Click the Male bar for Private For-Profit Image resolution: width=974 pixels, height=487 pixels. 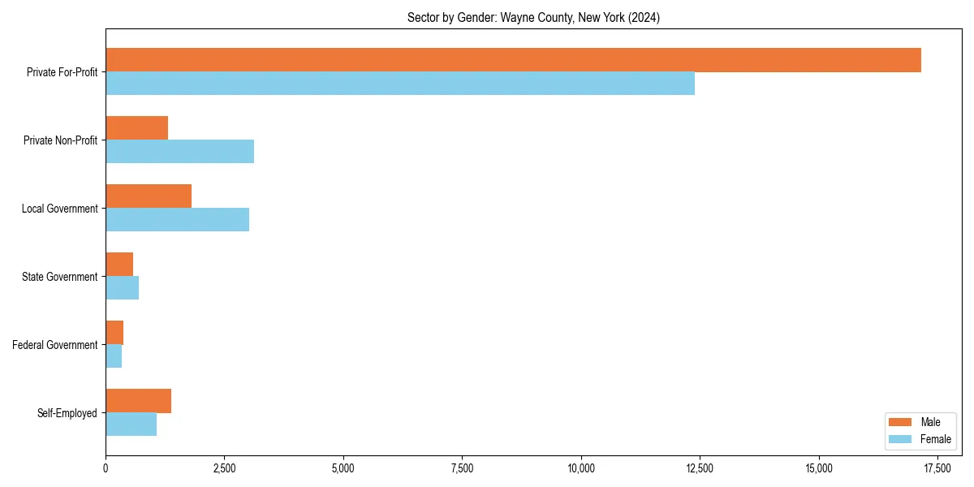(513, 60)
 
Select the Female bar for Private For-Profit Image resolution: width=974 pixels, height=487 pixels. (400, 84)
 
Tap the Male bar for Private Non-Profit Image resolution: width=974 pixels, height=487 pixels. (136, 128)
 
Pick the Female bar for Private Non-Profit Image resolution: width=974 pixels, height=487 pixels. (179, 152)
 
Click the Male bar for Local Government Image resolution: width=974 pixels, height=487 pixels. (149, 196)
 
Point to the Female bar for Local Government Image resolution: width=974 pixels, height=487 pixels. (177, 220)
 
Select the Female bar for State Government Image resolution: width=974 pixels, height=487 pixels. (122, 288)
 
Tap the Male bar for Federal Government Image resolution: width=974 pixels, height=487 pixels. (114, 333)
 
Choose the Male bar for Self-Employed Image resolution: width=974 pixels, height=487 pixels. (138, 401)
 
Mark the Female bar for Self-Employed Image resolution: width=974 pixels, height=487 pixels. (131, 425)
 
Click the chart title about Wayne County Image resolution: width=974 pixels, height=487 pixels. (533, 18)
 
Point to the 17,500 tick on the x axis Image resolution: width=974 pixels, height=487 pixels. (937, 468)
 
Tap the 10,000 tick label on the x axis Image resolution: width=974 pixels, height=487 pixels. (581, 468)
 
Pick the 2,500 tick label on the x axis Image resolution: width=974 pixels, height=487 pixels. (224, 468)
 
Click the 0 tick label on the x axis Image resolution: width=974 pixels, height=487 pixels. (106, 468)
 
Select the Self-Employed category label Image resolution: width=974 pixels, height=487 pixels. (67, 413)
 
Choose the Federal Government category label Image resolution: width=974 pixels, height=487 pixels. (55, 345)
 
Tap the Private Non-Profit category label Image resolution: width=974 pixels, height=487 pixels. (60, 140)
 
